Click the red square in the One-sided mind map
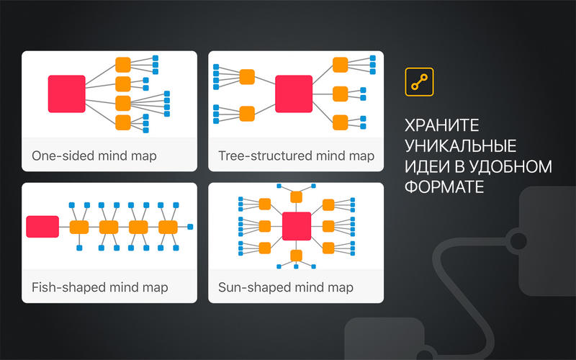pos(66,94)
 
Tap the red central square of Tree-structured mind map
pos(294,94)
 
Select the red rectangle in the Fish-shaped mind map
pos(42,227)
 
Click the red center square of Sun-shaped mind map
pos(297,226)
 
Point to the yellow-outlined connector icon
pos(419,82)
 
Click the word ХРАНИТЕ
pos(441,125)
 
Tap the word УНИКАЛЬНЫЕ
pos(460,146)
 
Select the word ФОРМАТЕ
pos(444,187)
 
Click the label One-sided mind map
pos(94,156)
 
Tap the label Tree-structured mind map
pos(296,156)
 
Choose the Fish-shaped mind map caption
pos(100,287)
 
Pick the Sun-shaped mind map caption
pos(286,287)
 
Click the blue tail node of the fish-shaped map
pos(190,227)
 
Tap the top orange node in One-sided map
pos(123,65)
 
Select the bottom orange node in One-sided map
pos(123,122)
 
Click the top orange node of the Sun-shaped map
pos(297,197)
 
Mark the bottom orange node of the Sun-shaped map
pos(297,256)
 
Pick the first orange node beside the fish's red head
pos(79,227)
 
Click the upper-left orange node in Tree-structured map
pos(247,77)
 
